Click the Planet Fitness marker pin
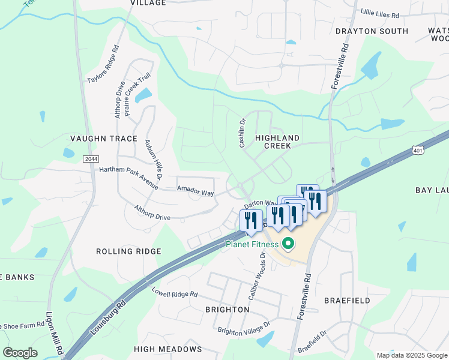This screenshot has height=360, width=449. (288, 244)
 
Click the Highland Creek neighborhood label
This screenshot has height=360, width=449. (273, 142)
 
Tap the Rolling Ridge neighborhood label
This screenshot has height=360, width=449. (128, 251)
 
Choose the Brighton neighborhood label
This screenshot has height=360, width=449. (227, 310)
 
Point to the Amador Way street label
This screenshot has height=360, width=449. (195, 192)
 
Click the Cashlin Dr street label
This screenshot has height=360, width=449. (243, 133)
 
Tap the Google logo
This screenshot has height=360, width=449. (20, 353)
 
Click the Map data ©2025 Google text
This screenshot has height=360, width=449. (411, 355)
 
